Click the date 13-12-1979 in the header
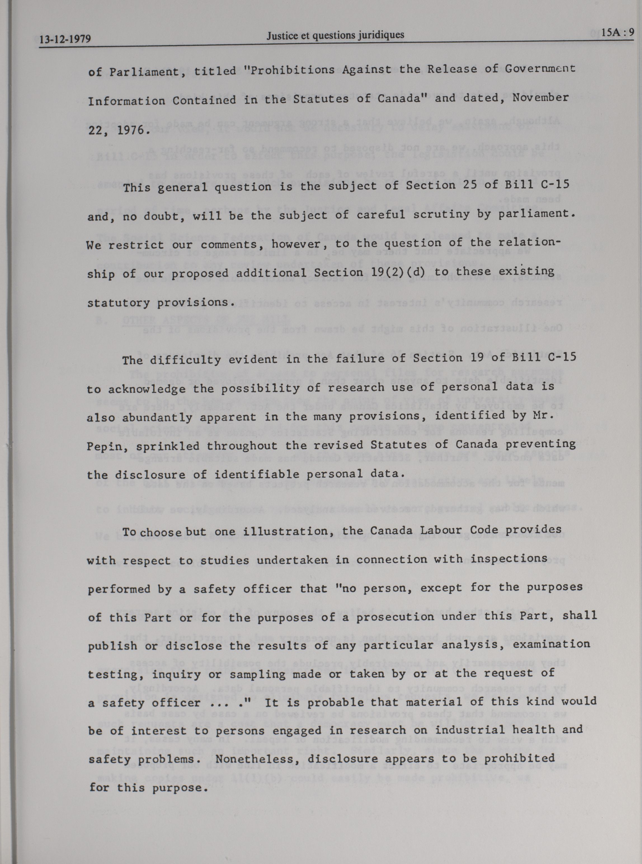(65, 39)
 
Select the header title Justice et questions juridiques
(335, 35)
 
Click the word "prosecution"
(390, 617)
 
